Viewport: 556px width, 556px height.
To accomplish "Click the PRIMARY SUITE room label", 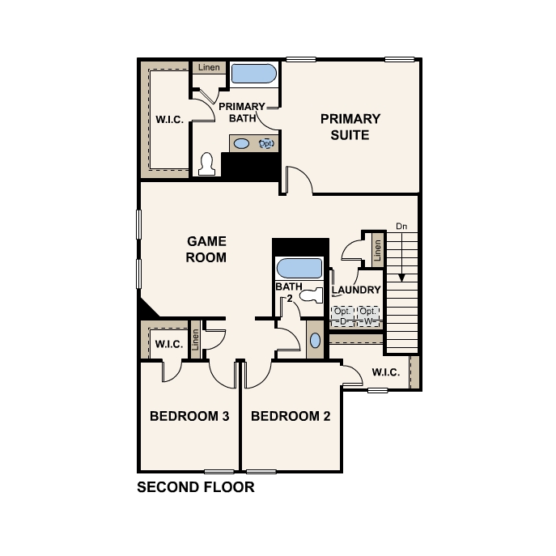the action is [x=350, y=126].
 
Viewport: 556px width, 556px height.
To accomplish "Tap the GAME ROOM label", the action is [x=206, y=249].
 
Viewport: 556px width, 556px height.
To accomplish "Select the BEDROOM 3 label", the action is [x=189, y=416].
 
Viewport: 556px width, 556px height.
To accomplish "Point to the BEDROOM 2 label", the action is [x=291, y=416].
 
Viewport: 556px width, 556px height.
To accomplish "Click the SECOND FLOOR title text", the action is [x=196, y=487].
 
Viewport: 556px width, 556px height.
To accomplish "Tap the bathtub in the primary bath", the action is [x=254, y=74].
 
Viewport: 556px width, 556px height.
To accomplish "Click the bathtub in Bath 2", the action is [x=299, y=268].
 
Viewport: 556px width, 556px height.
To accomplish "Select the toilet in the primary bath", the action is [x=206, y=163].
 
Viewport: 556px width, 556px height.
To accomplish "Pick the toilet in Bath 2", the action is [x=312, y=295].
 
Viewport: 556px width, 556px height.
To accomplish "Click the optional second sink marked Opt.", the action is [x=266, y=143].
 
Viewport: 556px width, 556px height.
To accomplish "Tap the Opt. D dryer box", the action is [x=342, y=316].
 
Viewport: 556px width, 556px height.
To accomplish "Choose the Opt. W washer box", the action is [x=368, y=316].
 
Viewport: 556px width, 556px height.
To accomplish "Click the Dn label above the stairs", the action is [x=401, y=227].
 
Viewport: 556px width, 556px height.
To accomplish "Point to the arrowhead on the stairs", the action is [x=401, y=278].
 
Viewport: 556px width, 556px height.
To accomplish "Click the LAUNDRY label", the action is [x=356, y=290].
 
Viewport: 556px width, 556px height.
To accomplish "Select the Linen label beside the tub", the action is [x=209, y=67].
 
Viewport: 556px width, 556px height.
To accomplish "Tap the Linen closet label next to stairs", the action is [x=377, y=250].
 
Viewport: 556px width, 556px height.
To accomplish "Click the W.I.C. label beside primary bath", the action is [x=169, y=120].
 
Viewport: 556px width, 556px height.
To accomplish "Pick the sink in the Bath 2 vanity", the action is [x=316, y=341].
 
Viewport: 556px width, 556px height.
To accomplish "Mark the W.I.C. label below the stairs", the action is [x=386, y=372].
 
